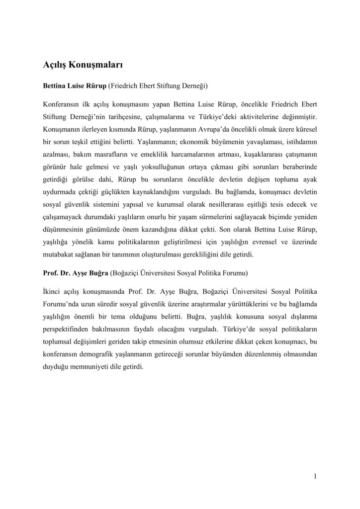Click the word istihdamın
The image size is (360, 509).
click(302, 142)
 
